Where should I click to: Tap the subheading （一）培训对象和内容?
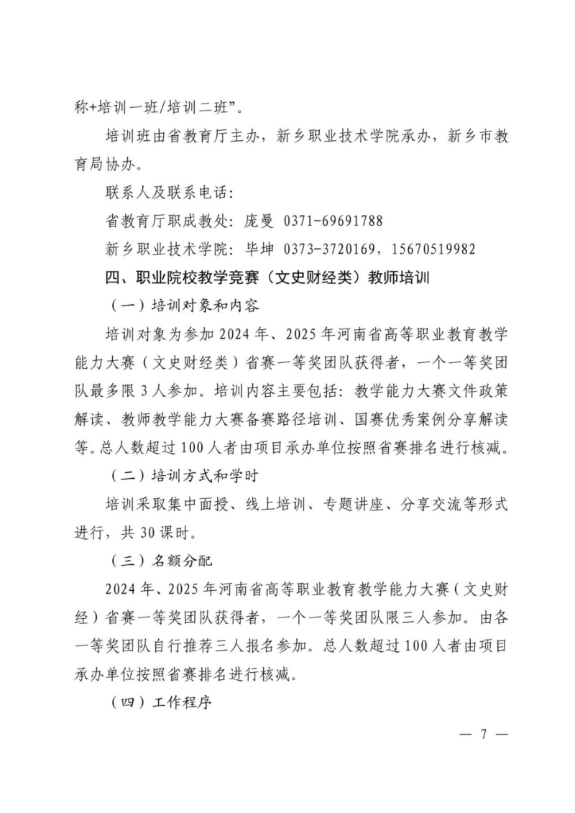(x=185, y=305)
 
